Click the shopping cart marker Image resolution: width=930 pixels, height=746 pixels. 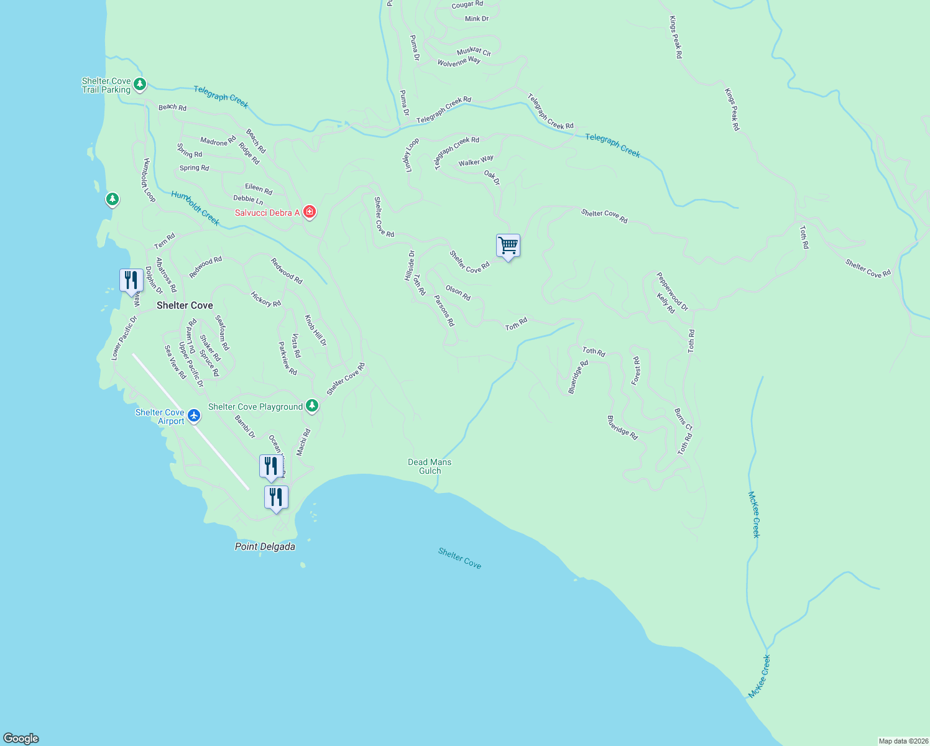pyautogui.click(x=508, y=246)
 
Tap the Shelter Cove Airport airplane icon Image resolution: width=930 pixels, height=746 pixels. pyautogui.click(x=194, y=416)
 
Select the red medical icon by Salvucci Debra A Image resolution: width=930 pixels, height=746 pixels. pyautogui.click(x=310, y=212)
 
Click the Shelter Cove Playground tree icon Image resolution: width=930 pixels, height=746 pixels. pyautogui.click(x=312, y=407)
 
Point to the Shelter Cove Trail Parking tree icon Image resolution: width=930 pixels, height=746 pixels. pyautogui.click(x=140, y=85)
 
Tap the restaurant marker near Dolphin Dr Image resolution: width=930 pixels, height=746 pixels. pyautogui.click(x=131, y=280)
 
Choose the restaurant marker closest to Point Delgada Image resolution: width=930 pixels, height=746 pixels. pyautogui.click(x=276, y=497)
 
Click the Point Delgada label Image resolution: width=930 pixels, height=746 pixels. pyautogui.click(x=265, y=547)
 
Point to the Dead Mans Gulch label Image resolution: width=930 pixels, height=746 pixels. pyautogui.click(x=430, y=466)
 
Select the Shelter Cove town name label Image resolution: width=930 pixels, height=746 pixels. pyautogui.click(x=185, y=305)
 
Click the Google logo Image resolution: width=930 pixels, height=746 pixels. pyautogui.click(x=21, y=738)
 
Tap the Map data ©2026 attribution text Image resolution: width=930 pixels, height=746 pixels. pyautogui.click(x=903, y=741)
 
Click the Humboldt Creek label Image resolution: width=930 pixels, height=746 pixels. pyautogui.click(x=195, y=208)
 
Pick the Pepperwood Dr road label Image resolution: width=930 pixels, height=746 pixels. pyautogui.click(x=673, y=291)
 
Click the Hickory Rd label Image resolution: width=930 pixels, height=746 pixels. pyautogui.click(x=265, y=299)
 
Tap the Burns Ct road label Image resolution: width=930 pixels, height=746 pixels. pyautogui.click(x=683, y=419)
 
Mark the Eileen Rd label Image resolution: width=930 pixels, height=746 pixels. pyautogui.click(x=259, y=189)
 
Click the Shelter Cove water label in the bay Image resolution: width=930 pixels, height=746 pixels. pyautogui.click(x=459, y=558)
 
